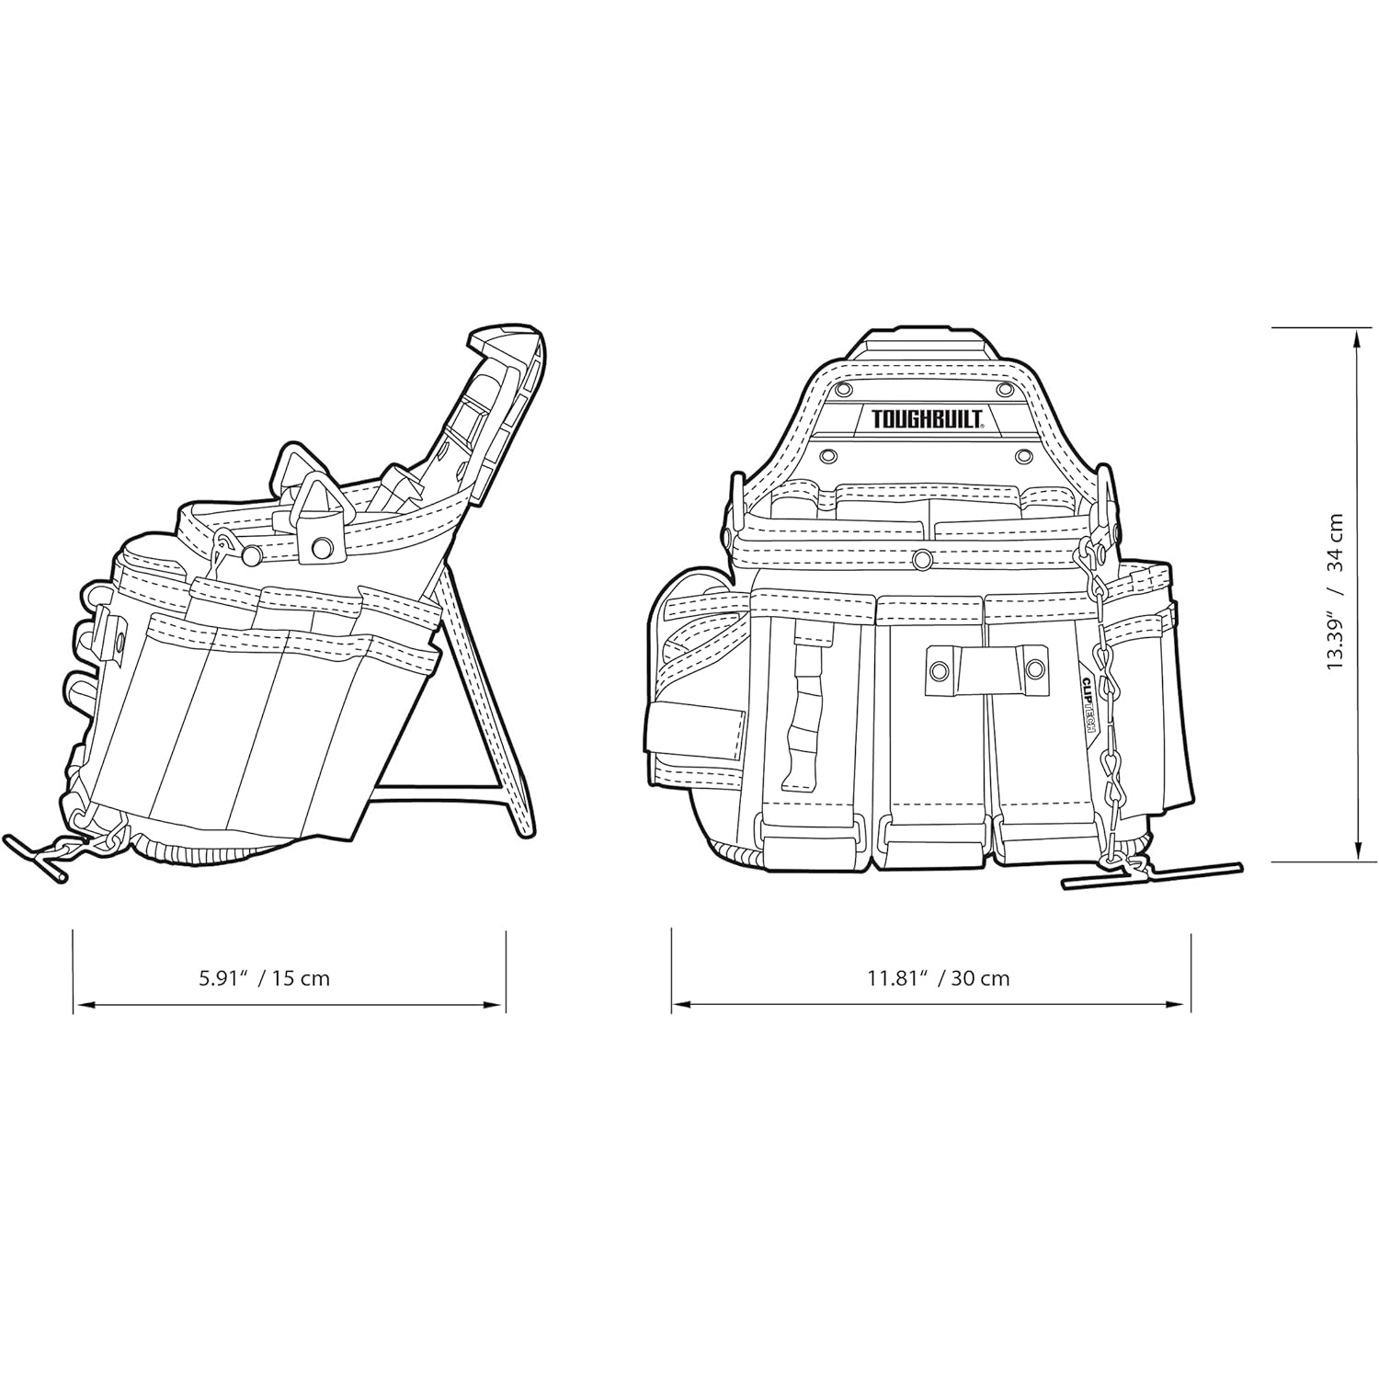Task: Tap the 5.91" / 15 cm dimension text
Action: point(265,977)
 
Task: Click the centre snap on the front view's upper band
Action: point(920,558)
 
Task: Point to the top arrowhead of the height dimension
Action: point(1358,336)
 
